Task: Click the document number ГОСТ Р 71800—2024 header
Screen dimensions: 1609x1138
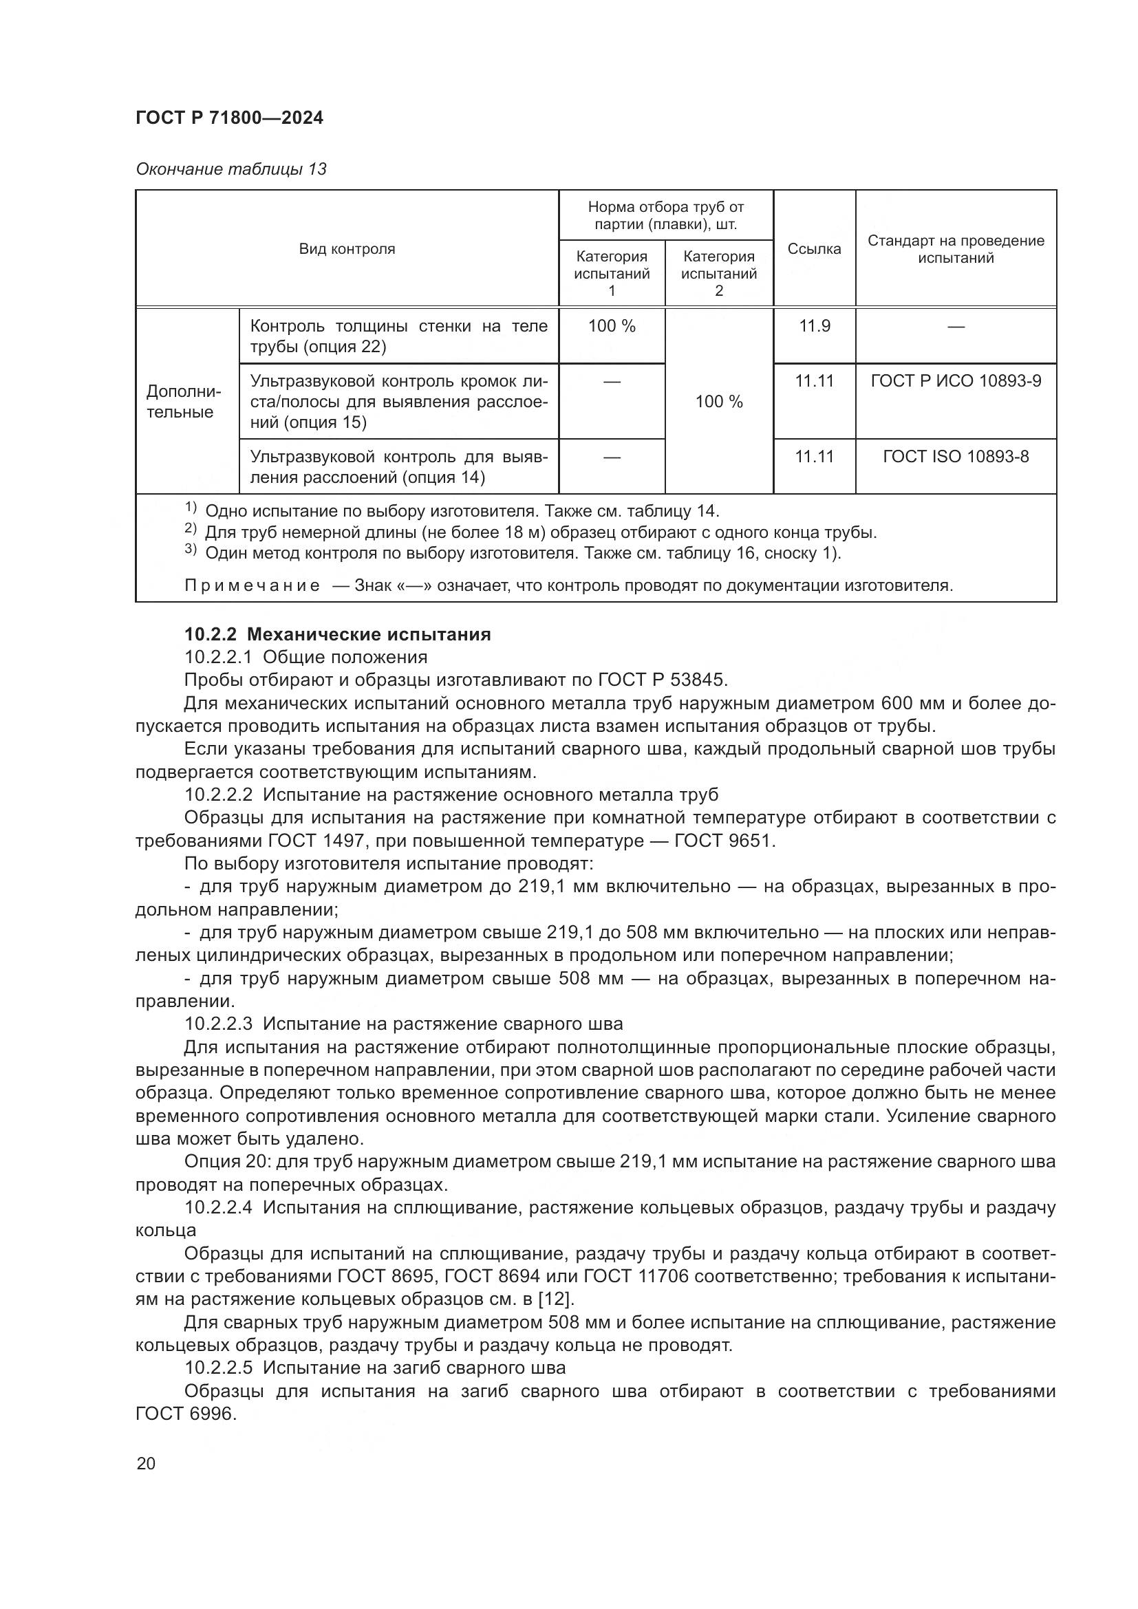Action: pyautogui.click(x=229, y=118)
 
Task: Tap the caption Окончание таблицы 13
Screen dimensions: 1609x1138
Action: pyautogui.click(x=230, y=169)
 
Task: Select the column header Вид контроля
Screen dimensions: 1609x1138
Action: pyautogui.click(x=347, y=249)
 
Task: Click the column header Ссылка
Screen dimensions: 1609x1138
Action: pyautogui.click(x=813, y=249)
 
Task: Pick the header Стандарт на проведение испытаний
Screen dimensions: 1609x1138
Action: pyautogui.click(x=955, y=249)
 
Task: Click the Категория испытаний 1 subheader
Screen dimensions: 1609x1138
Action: pyautogui.click(x=611, y=273)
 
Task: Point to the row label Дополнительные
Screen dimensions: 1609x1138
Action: pyautogui.click(x=183, y=402)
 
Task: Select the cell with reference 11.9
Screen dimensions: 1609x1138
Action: pyautogui.click(x=814, y=326)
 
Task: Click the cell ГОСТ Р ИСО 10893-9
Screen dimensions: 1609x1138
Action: pyautogui.click(x=955, y=380)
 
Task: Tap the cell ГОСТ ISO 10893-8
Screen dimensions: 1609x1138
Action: pyautogui.click(x=955, y=456)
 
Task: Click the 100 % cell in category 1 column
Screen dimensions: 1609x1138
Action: pyautogui.click(x=611, y=326)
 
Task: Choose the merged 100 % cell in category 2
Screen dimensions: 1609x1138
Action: pyautogui.click(x=718, y=402)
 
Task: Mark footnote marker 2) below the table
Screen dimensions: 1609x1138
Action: pyautogui.click(x=191, y=528)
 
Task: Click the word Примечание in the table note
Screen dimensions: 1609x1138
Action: pyautogui.click(x=252, y=585)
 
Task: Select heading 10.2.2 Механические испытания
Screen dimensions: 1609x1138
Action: pyautogui.click(x=337, y=634)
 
